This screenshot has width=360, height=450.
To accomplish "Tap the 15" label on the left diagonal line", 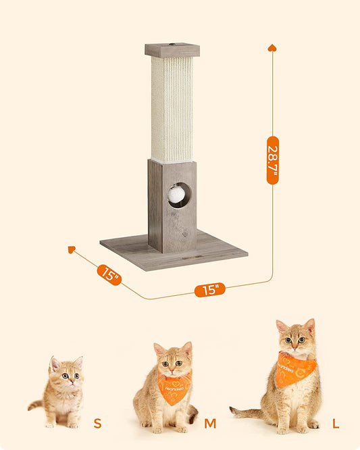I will [109, 274].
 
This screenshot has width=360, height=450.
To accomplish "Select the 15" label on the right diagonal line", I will [210, 290].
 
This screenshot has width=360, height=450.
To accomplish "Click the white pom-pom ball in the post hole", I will [176, 195].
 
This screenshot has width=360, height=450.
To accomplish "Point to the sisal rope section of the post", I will [172, 108].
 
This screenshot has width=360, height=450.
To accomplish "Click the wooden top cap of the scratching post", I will [172, 50].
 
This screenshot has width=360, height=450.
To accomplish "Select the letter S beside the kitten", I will [97, 424].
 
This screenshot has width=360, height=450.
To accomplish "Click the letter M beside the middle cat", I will [210, 424].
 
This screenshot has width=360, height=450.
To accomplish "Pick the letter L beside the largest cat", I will [336, 424].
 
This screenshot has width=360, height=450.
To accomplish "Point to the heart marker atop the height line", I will [272, 48].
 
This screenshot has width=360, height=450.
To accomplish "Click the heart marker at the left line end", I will [72, 250].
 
